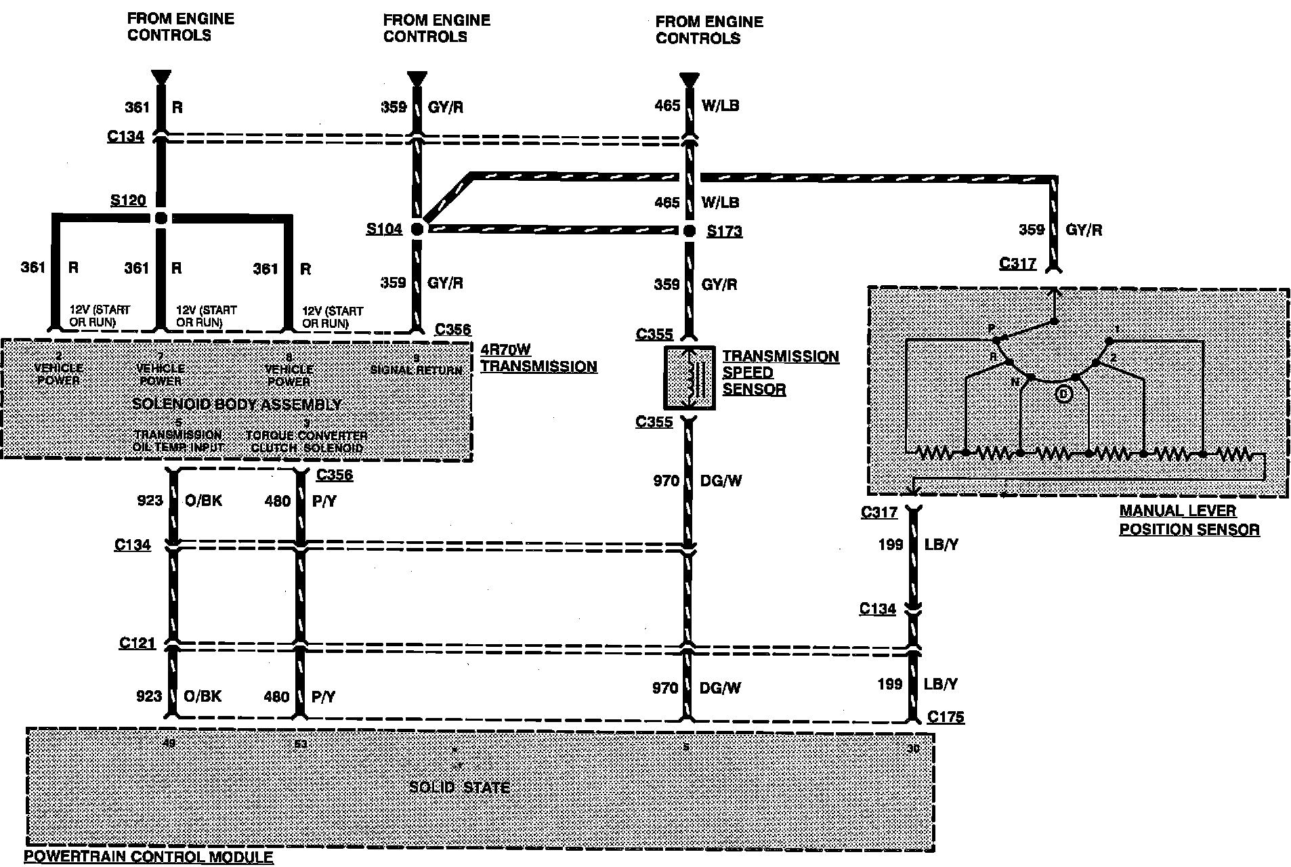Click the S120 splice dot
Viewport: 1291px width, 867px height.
pos(161,218)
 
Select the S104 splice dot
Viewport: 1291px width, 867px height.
pos(417,230)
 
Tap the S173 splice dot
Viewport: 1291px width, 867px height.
pos(689,231)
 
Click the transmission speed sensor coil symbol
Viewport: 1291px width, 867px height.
pos(689,378)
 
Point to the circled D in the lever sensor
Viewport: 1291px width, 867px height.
pos(1063,394)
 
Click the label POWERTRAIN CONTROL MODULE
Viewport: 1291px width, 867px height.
pos(149,858)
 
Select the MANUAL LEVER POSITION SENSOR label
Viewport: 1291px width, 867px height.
pos(1189,520)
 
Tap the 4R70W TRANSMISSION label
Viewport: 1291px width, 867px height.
pos(538,358)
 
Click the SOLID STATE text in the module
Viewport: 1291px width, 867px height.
pos(459,788)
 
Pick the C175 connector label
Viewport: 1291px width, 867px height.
pos(946,717)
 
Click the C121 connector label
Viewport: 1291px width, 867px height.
pos(137,643)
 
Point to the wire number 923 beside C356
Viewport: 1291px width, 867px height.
pos(150,501)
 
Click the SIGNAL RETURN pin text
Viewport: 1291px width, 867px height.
pos(416,370)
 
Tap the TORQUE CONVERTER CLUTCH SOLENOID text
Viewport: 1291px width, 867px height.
pos(306,442)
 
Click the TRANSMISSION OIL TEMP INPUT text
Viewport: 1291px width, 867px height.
pos(177,441)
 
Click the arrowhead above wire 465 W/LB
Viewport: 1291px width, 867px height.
pos(689,79)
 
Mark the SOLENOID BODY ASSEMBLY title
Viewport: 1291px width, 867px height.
pos(236,405)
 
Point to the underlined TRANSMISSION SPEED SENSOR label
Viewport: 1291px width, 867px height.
pos(780,373)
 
